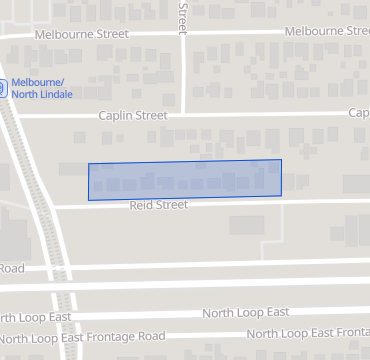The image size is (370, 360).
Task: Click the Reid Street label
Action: (158, 205)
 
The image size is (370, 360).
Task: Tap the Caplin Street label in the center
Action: (132, 115)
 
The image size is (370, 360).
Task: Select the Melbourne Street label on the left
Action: (81, 33)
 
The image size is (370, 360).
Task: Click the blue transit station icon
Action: (3, 87)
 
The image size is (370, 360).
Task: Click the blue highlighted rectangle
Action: (185, 179)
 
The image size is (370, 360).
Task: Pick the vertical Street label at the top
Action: (183, 13)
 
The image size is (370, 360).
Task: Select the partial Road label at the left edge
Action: (11, 268)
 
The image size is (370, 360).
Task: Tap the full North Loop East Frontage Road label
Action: (83, 337)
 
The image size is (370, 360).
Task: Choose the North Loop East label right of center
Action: (246, 313)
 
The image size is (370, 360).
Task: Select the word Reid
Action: (143, 205)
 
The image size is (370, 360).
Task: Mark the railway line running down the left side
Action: (40, 200)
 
